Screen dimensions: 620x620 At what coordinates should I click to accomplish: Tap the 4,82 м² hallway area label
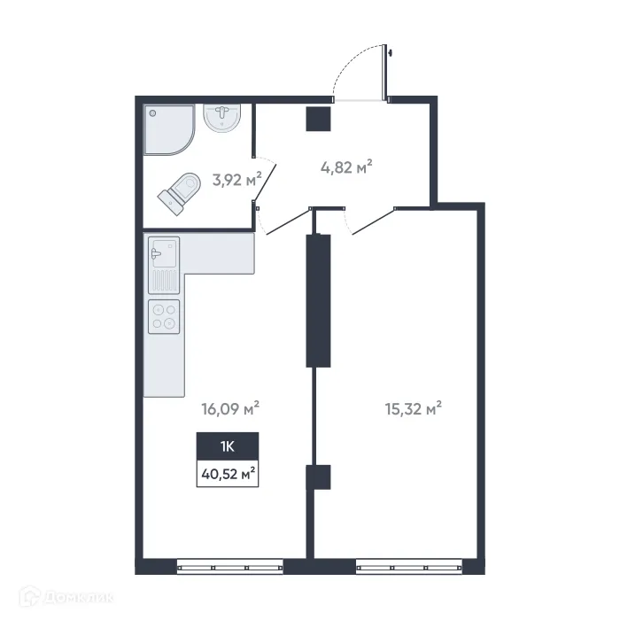(x=345, y=167)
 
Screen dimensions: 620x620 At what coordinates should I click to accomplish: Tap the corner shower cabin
(x=167, y=130)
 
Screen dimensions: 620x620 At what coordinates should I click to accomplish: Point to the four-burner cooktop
(x=165, y=316)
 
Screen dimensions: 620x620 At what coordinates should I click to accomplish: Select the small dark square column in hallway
(x=318, y=118)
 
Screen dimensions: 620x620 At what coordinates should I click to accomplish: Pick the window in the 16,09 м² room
(x=229, y=563)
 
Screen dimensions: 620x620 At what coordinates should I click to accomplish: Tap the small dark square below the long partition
(x=318, y=477)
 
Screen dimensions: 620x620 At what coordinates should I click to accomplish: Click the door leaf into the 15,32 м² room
(x=372, y=221)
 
